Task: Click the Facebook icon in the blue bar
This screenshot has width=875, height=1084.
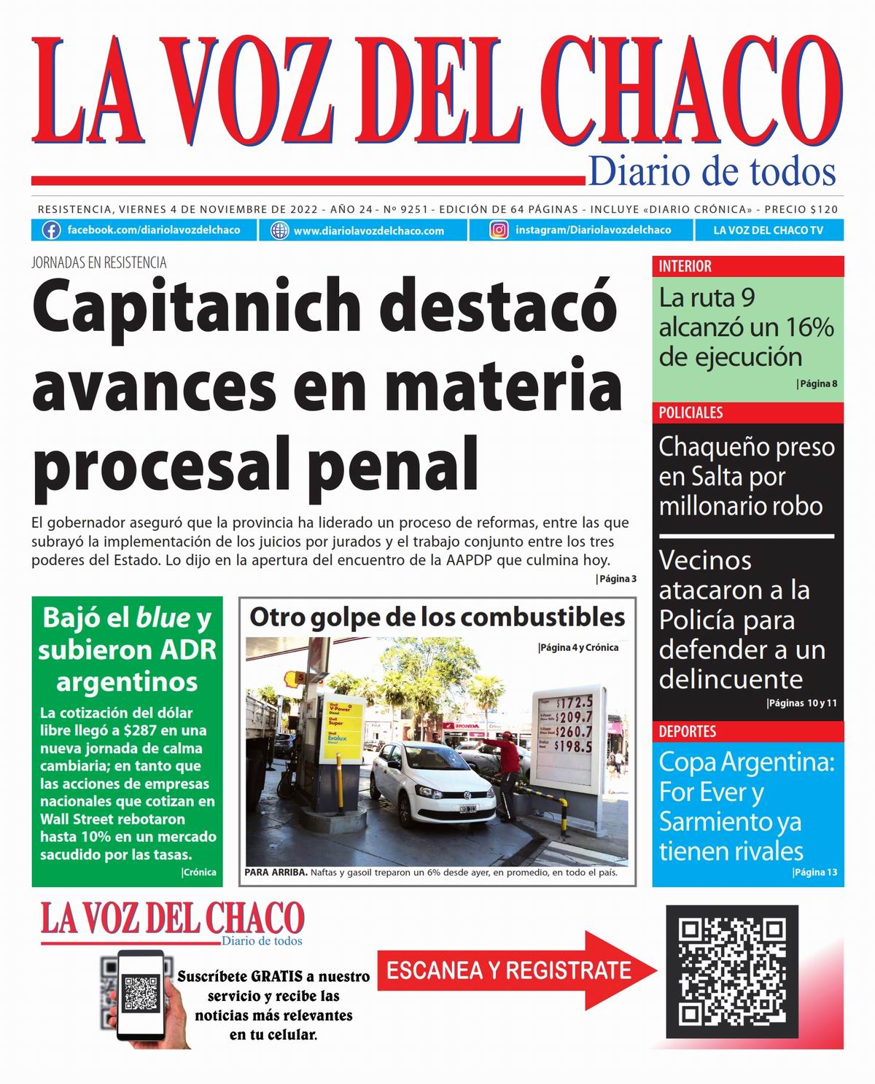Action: pos(51,230)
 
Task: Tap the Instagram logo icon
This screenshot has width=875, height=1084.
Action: pos(499,230)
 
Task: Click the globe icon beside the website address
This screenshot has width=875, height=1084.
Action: pos(279,230)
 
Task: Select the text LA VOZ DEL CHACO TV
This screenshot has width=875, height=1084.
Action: pos(768,230)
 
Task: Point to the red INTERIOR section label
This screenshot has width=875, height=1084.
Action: pos(685,266)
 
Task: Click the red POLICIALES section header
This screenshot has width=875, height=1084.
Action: pos(691,413)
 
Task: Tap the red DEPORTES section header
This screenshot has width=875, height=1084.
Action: pos(688,731)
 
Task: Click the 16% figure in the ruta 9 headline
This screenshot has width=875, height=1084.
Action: pos(809,328)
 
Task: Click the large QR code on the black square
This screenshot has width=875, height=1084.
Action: pos(732,972)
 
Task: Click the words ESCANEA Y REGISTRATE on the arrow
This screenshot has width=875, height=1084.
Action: pos(508,970)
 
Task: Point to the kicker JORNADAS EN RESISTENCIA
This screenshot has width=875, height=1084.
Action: pos(99,263)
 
